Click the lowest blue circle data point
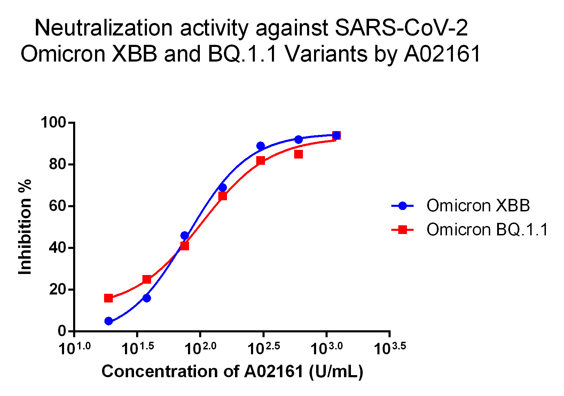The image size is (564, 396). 109,321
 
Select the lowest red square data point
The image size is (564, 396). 109,298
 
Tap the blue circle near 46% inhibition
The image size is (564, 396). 185,236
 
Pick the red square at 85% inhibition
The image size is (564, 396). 298,154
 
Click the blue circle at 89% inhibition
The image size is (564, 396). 261,146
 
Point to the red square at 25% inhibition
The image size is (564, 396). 147,279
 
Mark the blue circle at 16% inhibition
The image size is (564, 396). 147,298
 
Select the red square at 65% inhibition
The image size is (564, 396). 222,196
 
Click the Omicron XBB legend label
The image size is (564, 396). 478,206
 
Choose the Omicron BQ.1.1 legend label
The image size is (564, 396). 487,229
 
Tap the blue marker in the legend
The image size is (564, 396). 402,206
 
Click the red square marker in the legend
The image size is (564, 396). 402,229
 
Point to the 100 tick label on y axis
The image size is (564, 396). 53,123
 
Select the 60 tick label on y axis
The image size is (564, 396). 57,206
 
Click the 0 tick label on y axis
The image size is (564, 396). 62,331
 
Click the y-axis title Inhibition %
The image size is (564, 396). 25,227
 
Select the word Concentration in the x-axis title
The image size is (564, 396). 160,371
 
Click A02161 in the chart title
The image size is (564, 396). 442,54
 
